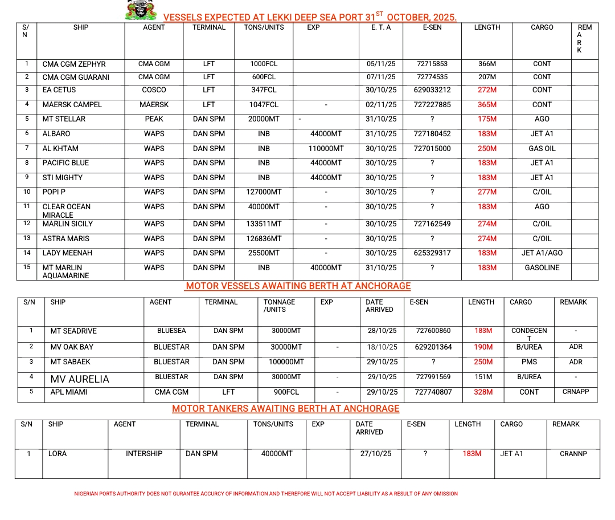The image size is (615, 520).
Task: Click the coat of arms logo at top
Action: [x=141, y=10]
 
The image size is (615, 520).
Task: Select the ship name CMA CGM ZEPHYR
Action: [x=74, y=64]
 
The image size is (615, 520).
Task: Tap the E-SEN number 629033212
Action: [x=432, y=90]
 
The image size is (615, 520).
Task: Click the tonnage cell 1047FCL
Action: [x=264, y=105]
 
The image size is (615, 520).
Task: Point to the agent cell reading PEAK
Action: [x=154, y=119]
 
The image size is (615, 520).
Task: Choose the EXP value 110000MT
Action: [x=326, y=149]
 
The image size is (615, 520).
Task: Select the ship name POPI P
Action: [x=56, y=192]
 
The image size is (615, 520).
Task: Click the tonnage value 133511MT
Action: [x=264, y=224]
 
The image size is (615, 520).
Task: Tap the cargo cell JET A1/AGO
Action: [x=542, y=253]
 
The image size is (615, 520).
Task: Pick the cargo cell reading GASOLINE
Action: [x=542, y=268]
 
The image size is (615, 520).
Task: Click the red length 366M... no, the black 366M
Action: [x=487, y=64]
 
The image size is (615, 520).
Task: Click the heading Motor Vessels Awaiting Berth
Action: [x=298, y=286]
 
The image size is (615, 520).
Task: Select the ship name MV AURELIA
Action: [x=80, y=379]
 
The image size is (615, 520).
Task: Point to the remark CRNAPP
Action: [x=576, y=392]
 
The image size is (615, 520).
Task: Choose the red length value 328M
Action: [x=483, y=392]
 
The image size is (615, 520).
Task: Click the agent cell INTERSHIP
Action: [x=144, y=454]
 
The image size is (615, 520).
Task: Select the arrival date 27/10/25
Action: [x=376, y=454]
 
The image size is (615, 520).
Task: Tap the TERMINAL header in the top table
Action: [x=209, y=27]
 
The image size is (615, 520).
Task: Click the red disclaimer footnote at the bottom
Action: [x=266, y=494]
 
